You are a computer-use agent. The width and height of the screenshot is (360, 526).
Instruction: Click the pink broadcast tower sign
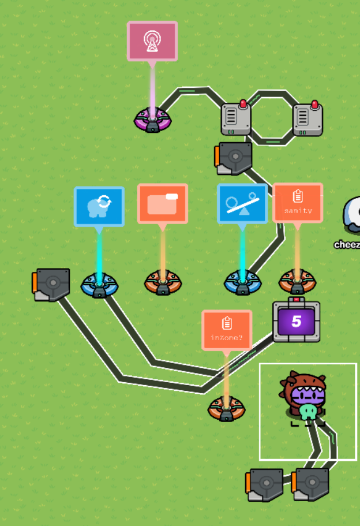coord(152,40)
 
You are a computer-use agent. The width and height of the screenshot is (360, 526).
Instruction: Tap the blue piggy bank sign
coord(99,206)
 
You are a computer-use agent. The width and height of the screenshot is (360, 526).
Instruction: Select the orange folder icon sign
coord(163,204)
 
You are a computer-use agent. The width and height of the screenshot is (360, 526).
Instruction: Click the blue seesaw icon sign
coord(242,203)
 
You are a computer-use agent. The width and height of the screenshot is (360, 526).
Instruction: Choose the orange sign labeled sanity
coord(298,203)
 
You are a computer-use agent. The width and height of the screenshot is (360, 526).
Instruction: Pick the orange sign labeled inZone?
coord(227,330)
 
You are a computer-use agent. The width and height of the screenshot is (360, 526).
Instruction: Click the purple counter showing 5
coord(297,322)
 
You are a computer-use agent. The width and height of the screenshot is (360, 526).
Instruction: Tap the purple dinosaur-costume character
coord(305,393)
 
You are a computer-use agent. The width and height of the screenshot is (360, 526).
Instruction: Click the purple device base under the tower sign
coord(152,120)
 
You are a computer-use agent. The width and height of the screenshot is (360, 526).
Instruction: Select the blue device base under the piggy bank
coord(99,285)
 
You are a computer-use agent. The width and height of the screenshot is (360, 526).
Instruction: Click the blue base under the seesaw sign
coord(242,283)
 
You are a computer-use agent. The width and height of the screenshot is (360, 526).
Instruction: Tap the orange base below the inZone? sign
coord(227,409)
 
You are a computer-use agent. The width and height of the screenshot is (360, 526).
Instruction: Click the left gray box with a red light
coord(237,118)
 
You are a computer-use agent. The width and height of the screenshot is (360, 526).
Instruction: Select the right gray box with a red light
coord(307,119)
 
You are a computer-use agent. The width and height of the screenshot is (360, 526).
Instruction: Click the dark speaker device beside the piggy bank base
coord(52,284)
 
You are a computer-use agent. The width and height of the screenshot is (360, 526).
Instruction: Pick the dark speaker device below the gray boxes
coord(235,158)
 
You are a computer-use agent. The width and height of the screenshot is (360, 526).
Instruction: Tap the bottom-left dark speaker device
coord(265,484)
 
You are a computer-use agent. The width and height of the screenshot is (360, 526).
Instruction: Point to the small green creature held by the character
coord(307,412)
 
